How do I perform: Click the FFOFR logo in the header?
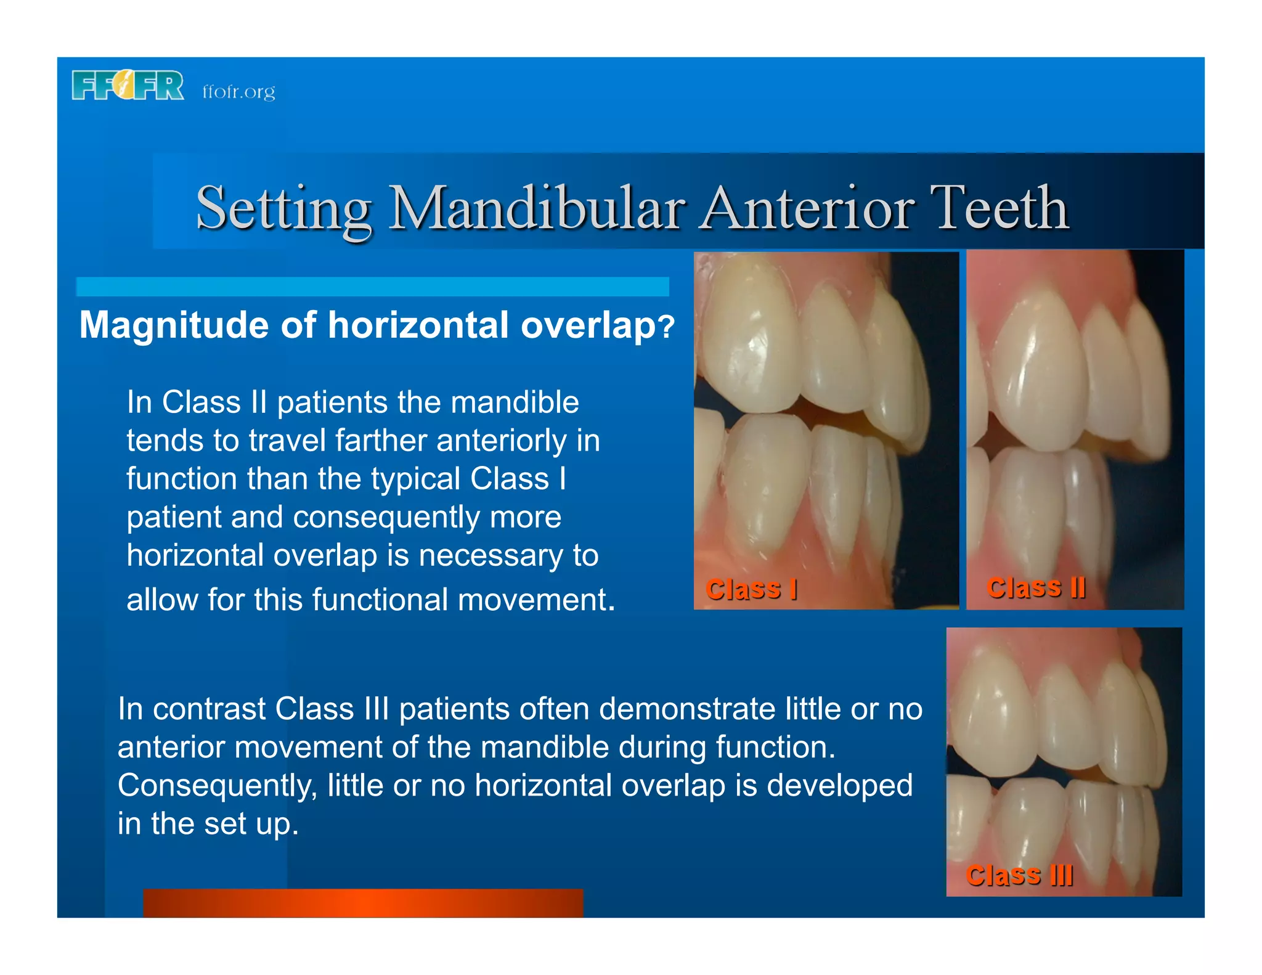pyautogui.click(x=128, y=85)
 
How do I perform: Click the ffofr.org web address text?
pyautogui.click(x=238, y=92)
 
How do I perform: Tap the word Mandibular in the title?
pyautogui.click(x=537, y=208)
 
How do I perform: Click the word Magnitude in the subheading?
pyautogui.click(x=174, y=325)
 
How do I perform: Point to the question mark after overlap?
pyautogui.click(x=667, y=327)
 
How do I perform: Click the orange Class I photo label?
pyautogui.click(x=751, y=589)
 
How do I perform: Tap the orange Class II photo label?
pyautogui.click(x=1036, y=587)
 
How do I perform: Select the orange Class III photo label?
pyautogui.click(x=1019, y=875)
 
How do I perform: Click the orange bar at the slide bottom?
pyautogui.click(x=363, y=903)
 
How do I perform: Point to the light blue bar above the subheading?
pyautogui.click(x=372, y=287)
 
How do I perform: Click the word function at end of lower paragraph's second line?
pyautogui.click(x=775, y=747)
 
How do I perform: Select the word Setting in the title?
pyautogui.click(x=283, y=208)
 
